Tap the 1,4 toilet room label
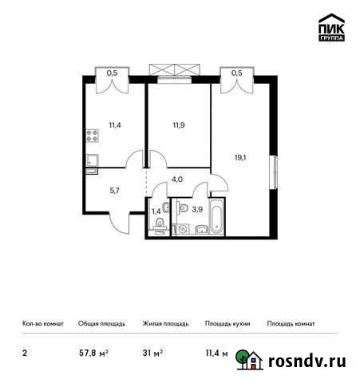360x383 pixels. tap(156, 211)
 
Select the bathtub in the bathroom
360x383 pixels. tap(211, 228)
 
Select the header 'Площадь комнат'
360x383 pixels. tap(291, 324)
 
